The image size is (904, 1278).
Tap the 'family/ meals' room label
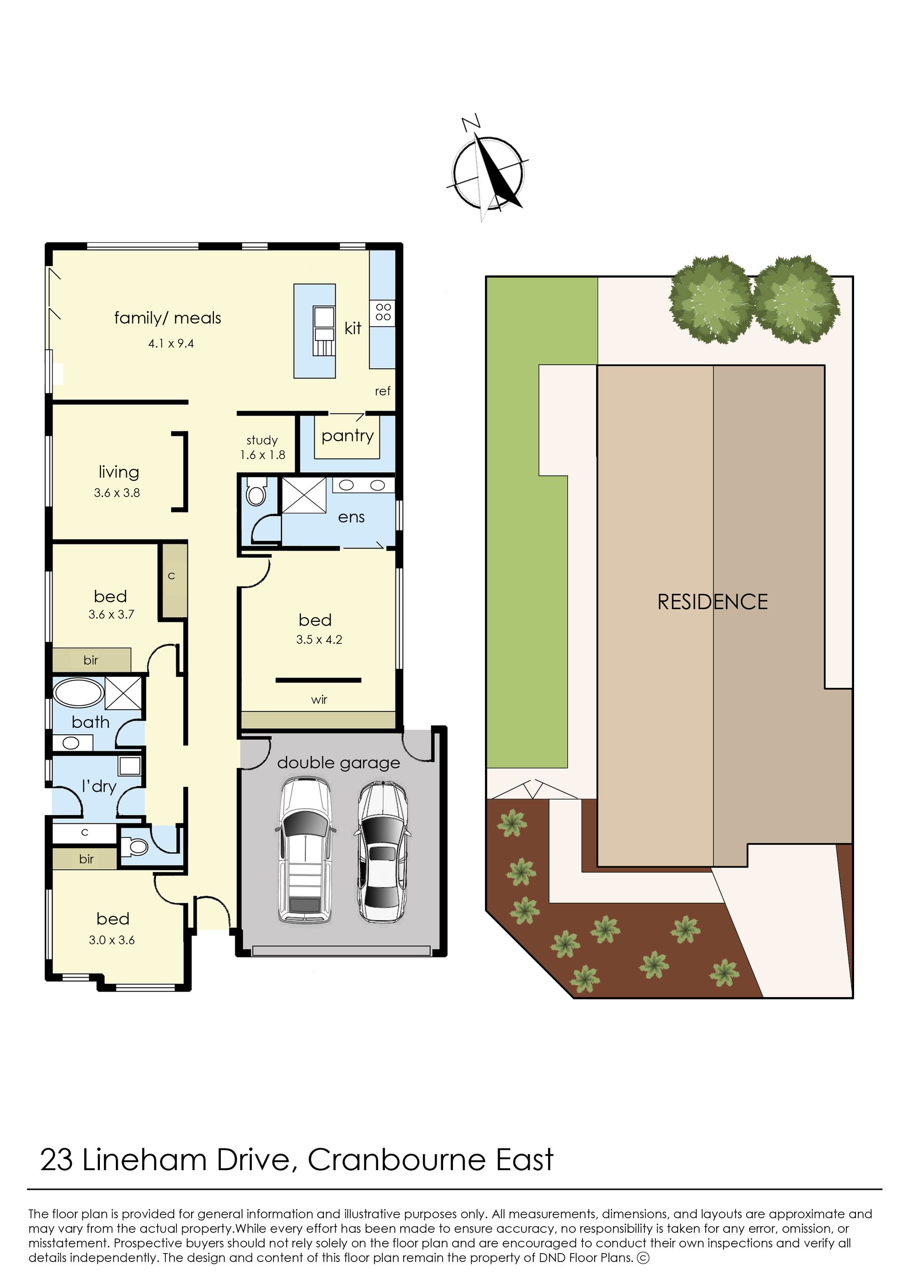coord(168,318)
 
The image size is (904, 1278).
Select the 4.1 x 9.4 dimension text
coord(171,344)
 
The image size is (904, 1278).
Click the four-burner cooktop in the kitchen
coord(383,312)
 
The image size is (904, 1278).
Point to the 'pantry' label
coord(347,436)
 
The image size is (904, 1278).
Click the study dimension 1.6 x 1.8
coord(262,455)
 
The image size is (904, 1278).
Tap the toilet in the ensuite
coord(256,491)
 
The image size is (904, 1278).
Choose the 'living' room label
coord(119,473)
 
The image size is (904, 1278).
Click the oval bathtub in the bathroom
coord(79,693)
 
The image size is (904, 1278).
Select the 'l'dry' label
coord(98,786)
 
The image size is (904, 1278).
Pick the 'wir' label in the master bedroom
coord(319,699)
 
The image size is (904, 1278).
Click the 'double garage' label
coord(339,763)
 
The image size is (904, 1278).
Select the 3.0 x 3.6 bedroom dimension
coord(112,940)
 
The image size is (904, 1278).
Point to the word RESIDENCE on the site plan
coord(712,602)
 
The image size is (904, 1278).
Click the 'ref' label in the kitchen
coord(382,391)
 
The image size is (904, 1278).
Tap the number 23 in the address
coord(56,1160)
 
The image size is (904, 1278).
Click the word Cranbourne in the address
coord(397,1160)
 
